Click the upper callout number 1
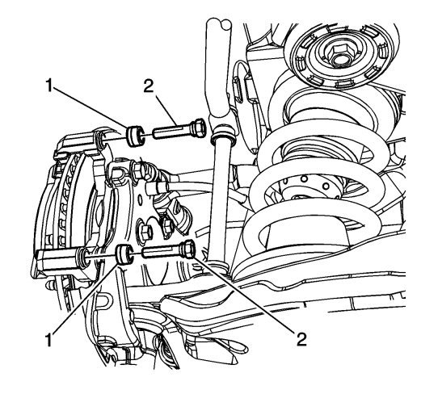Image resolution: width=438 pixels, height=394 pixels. [49, 85]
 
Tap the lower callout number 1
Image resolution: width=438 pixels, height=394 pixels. [49, 340]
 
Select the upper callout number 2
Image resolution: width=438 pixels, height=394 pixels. [149, 86]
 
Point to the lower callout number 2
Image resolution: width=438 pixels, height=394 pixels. [301, 339]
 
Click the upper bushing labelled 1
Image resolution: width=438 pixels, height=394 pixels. [135, 136]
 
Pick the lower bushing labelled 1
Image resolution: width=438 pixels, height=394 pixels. [124, 254]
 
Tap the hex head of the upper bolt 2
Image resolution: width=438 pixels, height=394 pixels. [198, 128]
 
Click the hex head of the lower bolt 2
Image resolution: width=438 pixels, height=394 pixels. [187, 249]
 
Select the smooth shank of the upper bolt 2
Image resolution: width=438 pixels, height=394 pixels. [171, 132]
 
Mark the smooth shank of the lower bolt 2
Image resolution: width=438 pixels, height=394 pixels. [161, 251]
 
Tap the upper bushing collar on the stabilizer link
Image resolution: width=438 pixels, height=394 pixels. [222, 135]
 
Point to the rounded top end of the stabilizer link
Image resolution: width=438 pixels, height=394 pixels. [218, 23]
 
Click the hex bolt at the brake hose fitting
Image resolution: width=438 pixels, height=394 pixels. [139, 169]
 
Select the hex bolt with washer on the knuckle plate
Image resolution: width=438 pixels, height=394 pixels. [145, 231]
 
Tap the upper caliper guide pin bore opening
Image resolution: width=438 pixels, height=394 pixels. [100, 141]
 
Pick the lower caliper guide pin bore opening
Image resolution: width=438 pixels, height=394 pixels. [83, 257]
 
